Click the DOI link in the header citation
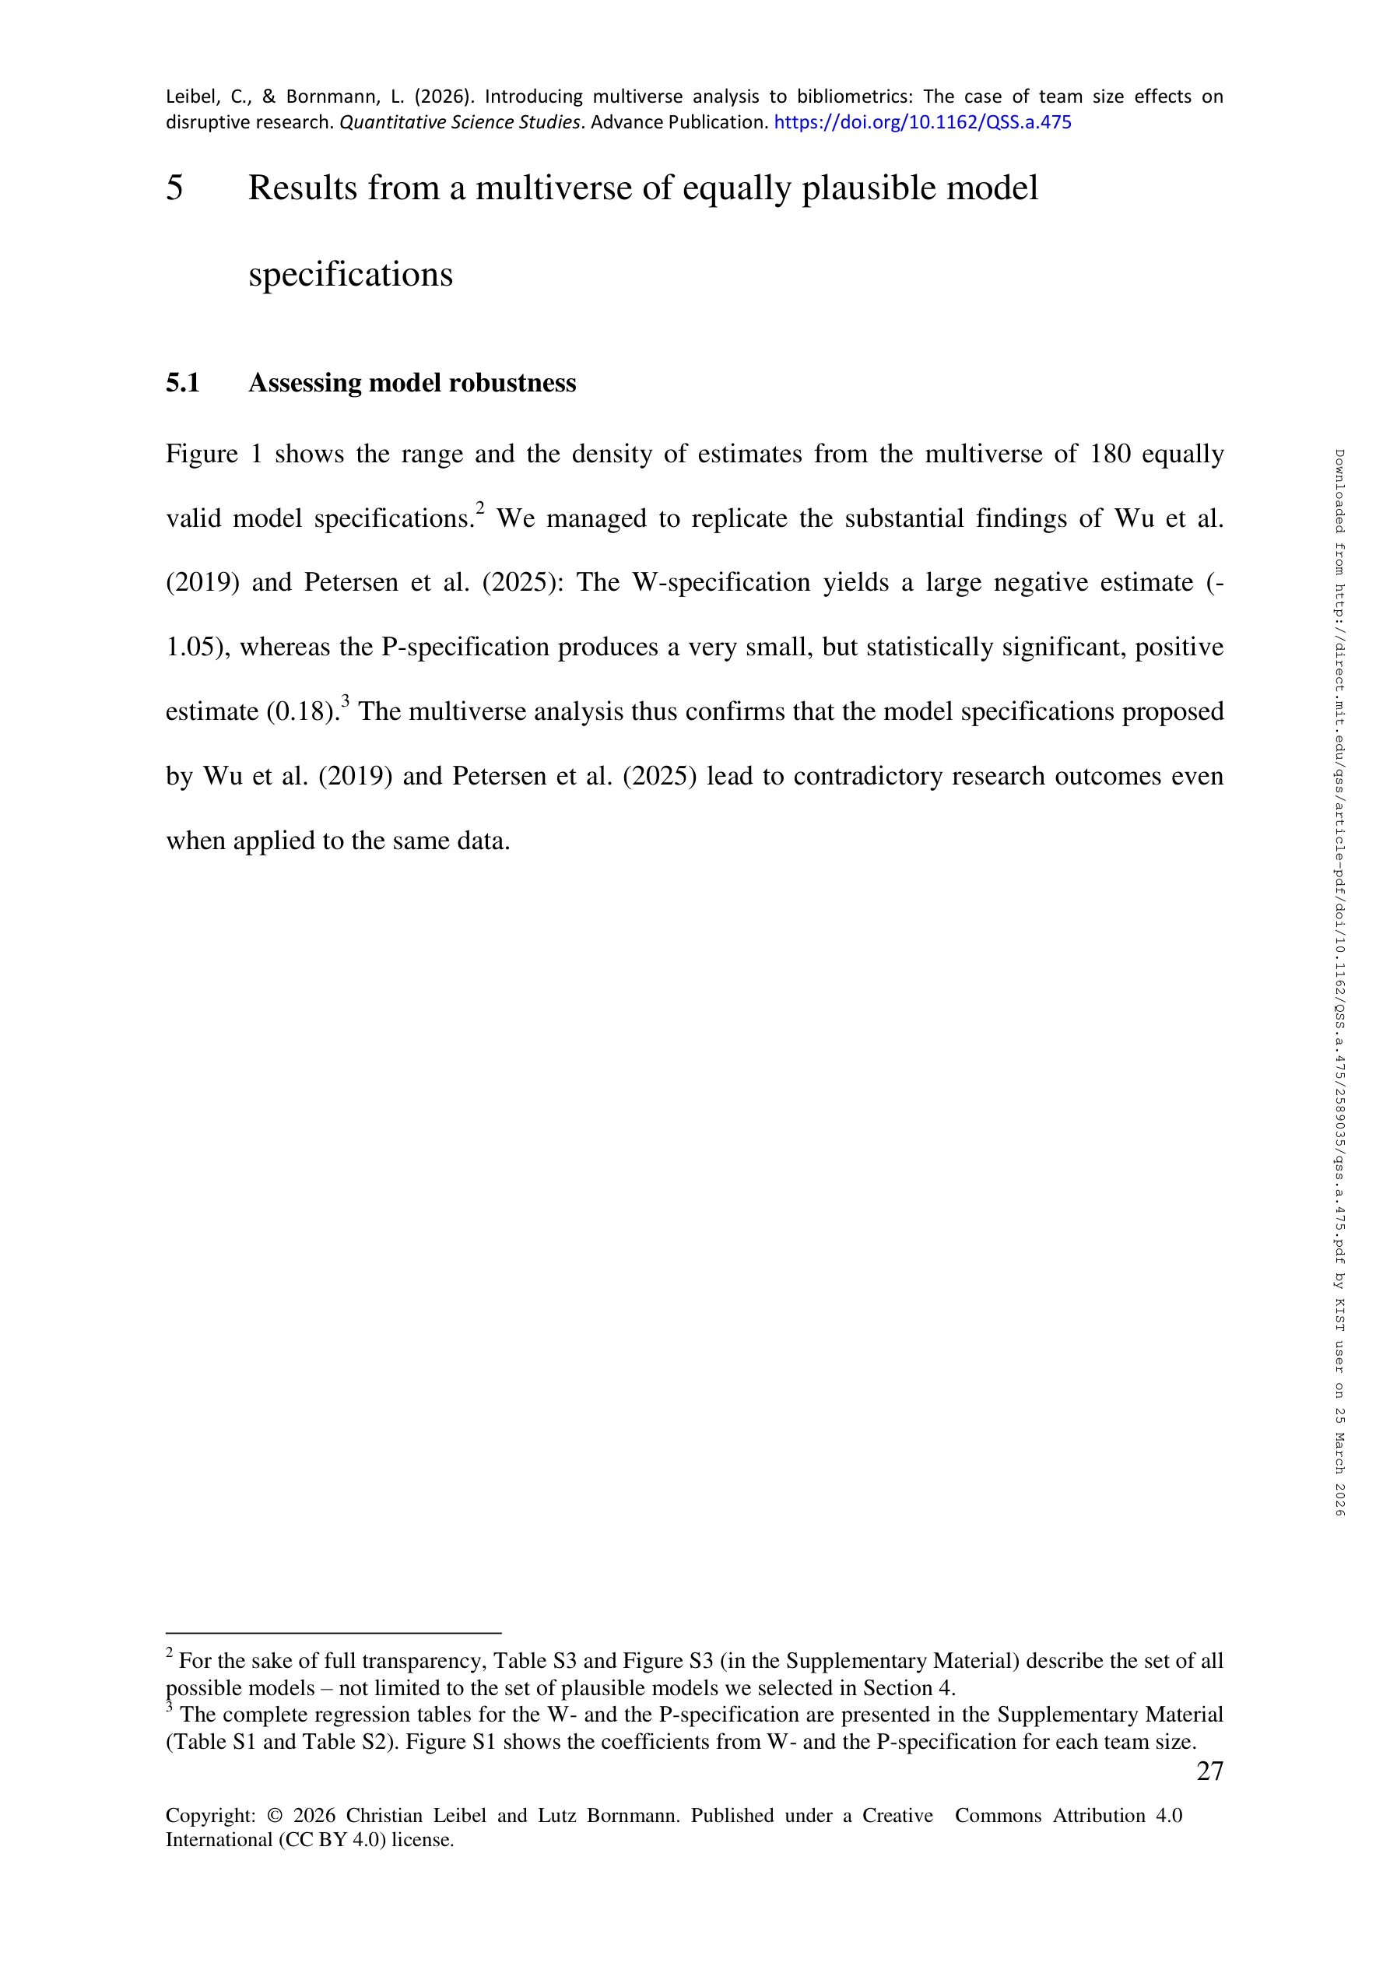(922, 122)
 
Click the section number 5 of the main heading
(174, 188)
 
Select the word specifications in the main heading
(350, 275)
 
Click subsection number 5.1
(182, 383)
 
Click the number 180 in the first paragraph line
(1111, 454)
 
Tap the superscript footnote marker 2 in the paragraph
(480, 509)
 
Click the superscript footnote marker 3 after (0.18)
(345, 702)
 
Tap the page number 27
(1209, 1771)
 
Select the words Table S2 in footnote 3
(341, 1742)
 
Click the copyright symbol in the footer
(275, 1816)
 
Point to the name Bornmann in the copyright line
(633, 1816)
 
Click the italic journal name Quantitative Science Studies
(460, 122)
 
